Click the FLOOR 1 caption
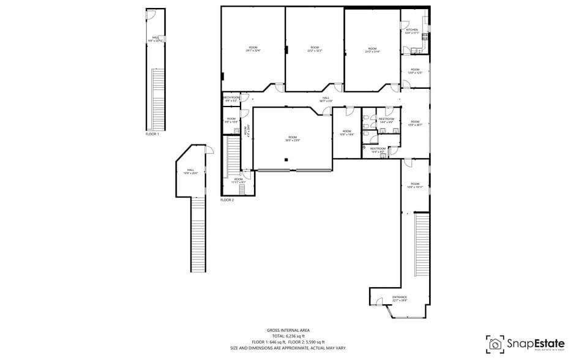coord(152,133)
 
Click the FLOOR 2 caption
coord(227,200)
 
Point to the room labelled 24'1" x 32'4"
coord(253,50)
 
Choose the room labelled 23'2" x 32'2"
coord(315,49)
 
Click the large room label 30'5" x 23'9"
coord(292,138)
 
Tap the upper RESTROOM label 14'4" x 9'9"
coord(386,121)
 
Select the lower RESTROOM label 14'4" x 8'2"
coord(378,149)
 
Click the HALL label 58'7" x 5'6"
coord(326,100)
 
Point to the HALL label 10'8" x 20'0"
coord(190,171)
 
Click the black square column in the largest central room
coord(285,160)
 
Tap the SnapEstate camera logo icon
coord(495,343)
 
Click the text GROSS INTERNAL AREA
coord(288,329)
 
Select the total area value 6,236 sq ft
coord(288,336)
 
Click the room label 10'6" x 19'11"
coord(414,186)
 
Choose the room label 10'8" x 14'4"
coord(346,132)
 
